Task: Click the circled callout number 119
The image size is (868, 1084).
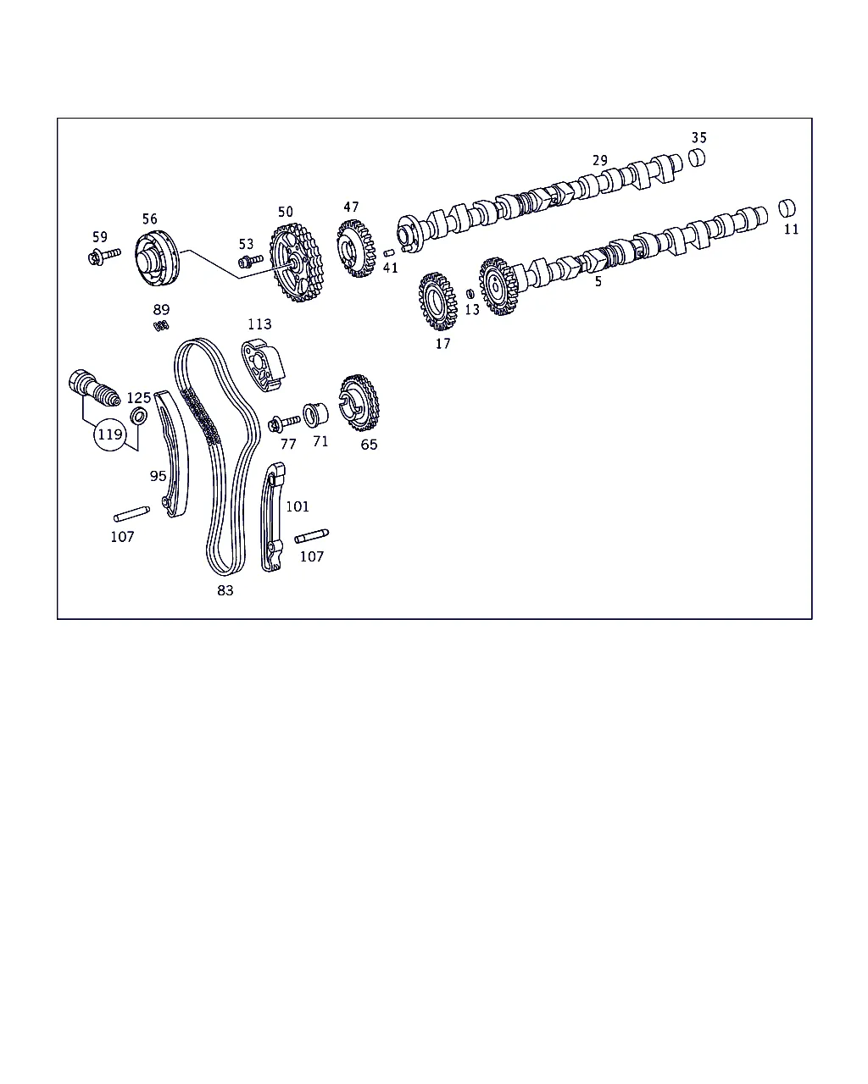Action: coord(110,434)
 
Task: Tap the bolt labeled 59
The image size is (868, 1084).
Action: coord(104,257)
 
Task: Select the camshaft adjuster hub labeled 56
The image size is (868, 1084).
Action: coord(157,258)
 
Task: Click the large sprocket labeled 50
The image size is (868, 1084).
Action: coord(296,263)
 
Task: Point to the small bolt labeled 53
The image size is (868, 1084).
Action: coord(251,262)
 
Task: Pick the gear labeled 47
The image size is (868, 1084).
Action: coord(356,248)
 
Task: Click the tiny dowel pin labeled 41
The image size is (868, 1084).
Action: coord(389,253)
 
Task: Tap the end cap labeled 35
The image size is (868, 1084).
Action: coord(697,158)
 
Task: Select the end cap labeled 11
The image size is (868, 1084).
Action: coord(787,208)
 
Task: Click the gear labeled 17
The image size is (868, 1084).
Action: coord(437,301)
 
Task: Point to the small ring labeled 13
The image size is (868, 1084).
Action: coord(470,294)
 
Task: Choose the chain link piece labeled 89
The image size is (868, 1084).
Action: coord(161,326)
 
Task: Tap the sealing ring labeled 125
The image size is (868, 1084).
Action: coord(139,417)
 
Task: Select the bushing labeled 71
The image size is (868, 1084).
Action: coord(315,415)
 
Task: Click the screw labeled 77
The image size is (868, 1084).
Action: coord(284,423)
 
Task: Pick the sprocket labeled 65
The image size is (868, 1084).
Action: coord(359,402)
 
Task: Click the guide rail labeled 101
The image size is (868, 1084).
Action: coord(272,517)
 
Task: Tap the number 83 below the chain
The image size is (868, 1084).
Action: coord(225,590)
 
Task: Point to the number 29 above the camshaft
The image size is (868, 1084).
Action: coord(599,160)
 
